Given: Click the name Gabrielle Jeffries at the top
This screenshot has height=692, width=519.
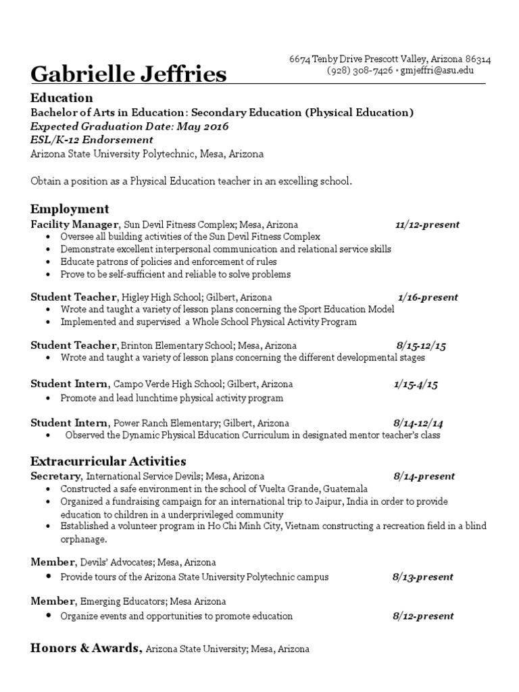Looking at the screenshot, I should tap(128, 74).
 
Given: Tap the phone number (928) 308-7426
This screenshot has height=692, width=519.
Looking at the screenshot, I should tap(360, 70).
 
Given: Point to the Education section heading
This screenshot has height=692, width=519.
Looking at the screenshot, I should tap(61, 98).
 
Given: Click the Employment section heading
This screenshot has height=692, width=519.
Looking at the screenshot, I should tap(70, 209).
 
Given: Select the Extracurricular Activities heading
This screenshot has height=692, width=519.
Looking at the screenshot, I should tap(108, 462).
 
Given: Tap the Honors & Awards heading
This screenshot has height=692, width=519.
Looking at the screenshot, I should tap(86, 648).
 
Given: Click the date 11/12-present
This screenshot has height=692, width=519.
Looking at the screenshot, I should tap(427, 224).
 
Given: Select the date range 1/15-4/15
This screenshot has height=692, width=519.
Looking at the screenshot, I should tap(416, 385).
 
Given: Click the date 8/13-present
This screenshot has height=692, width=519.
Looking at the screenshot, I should tap(422, 577).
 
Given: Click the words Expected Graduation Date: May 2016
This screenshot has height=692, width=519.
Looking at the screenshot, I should tap(130, 126).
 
